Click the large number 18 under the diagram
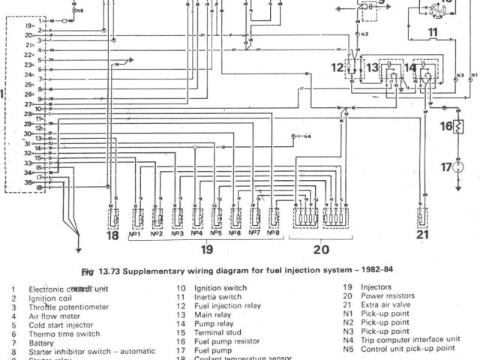(112, 235)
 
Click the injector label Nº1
(137, 233)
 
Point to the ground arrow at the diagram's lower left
(78, 250)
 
